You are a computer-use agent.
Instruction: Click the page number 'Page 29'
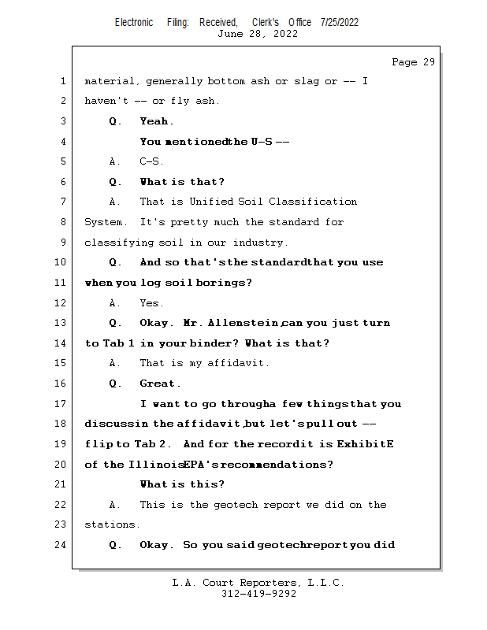[413, 62]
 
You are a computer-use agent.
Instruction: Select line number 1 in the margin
[63, 81]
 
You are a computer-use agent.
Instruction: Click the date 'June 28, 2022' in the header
[258, 34]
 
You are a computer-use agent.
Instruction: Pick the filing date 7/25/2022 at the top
[340, 22]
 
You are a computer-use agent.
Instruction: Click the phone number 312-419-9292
[258, 594]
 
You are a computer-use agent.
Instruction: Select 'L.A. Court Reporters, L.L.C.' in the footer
[258, 583]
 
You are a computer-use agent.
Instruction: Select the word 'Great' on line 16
[158, 384]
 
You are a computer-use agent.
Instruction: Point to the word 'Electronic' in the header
[134, 22]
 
